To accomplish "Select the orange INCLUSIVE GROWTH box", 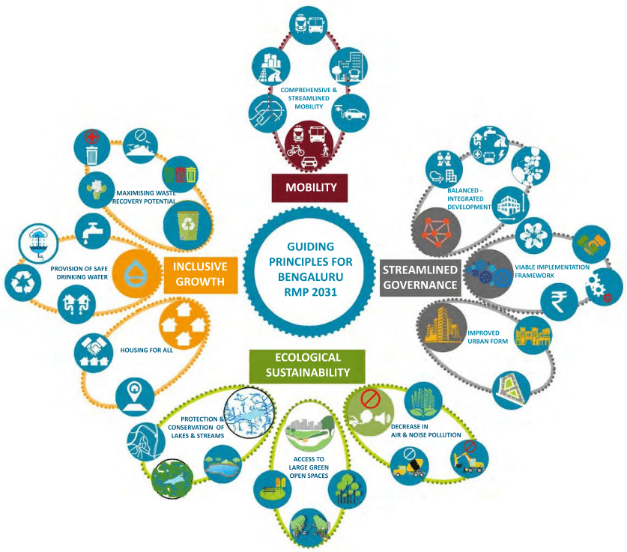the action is tap(201, 275).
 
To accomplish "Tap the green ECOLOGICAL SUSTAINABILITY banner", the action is tap(307, 366).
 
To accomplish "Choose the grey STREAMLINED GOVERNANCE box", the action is tap(419, 278).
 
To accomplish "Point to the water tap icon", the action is tap(93, 231).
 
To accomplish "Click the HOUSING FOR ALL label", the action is tap(147, 350).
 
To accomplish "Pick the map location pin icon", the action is tap(134, 396).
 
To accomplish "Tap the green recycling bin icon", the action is tap(187, 225).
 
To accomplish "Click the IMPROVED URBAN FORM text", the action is tap(488, 337).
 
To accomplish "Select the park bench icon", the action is tap(273, 489).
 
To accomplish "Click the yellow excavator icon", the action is tap(470, 458).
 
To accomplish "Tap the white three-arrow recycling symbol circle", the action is tap(22, 282).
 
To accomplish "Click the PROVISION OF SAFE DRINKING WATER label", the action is tap(79, 273).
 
